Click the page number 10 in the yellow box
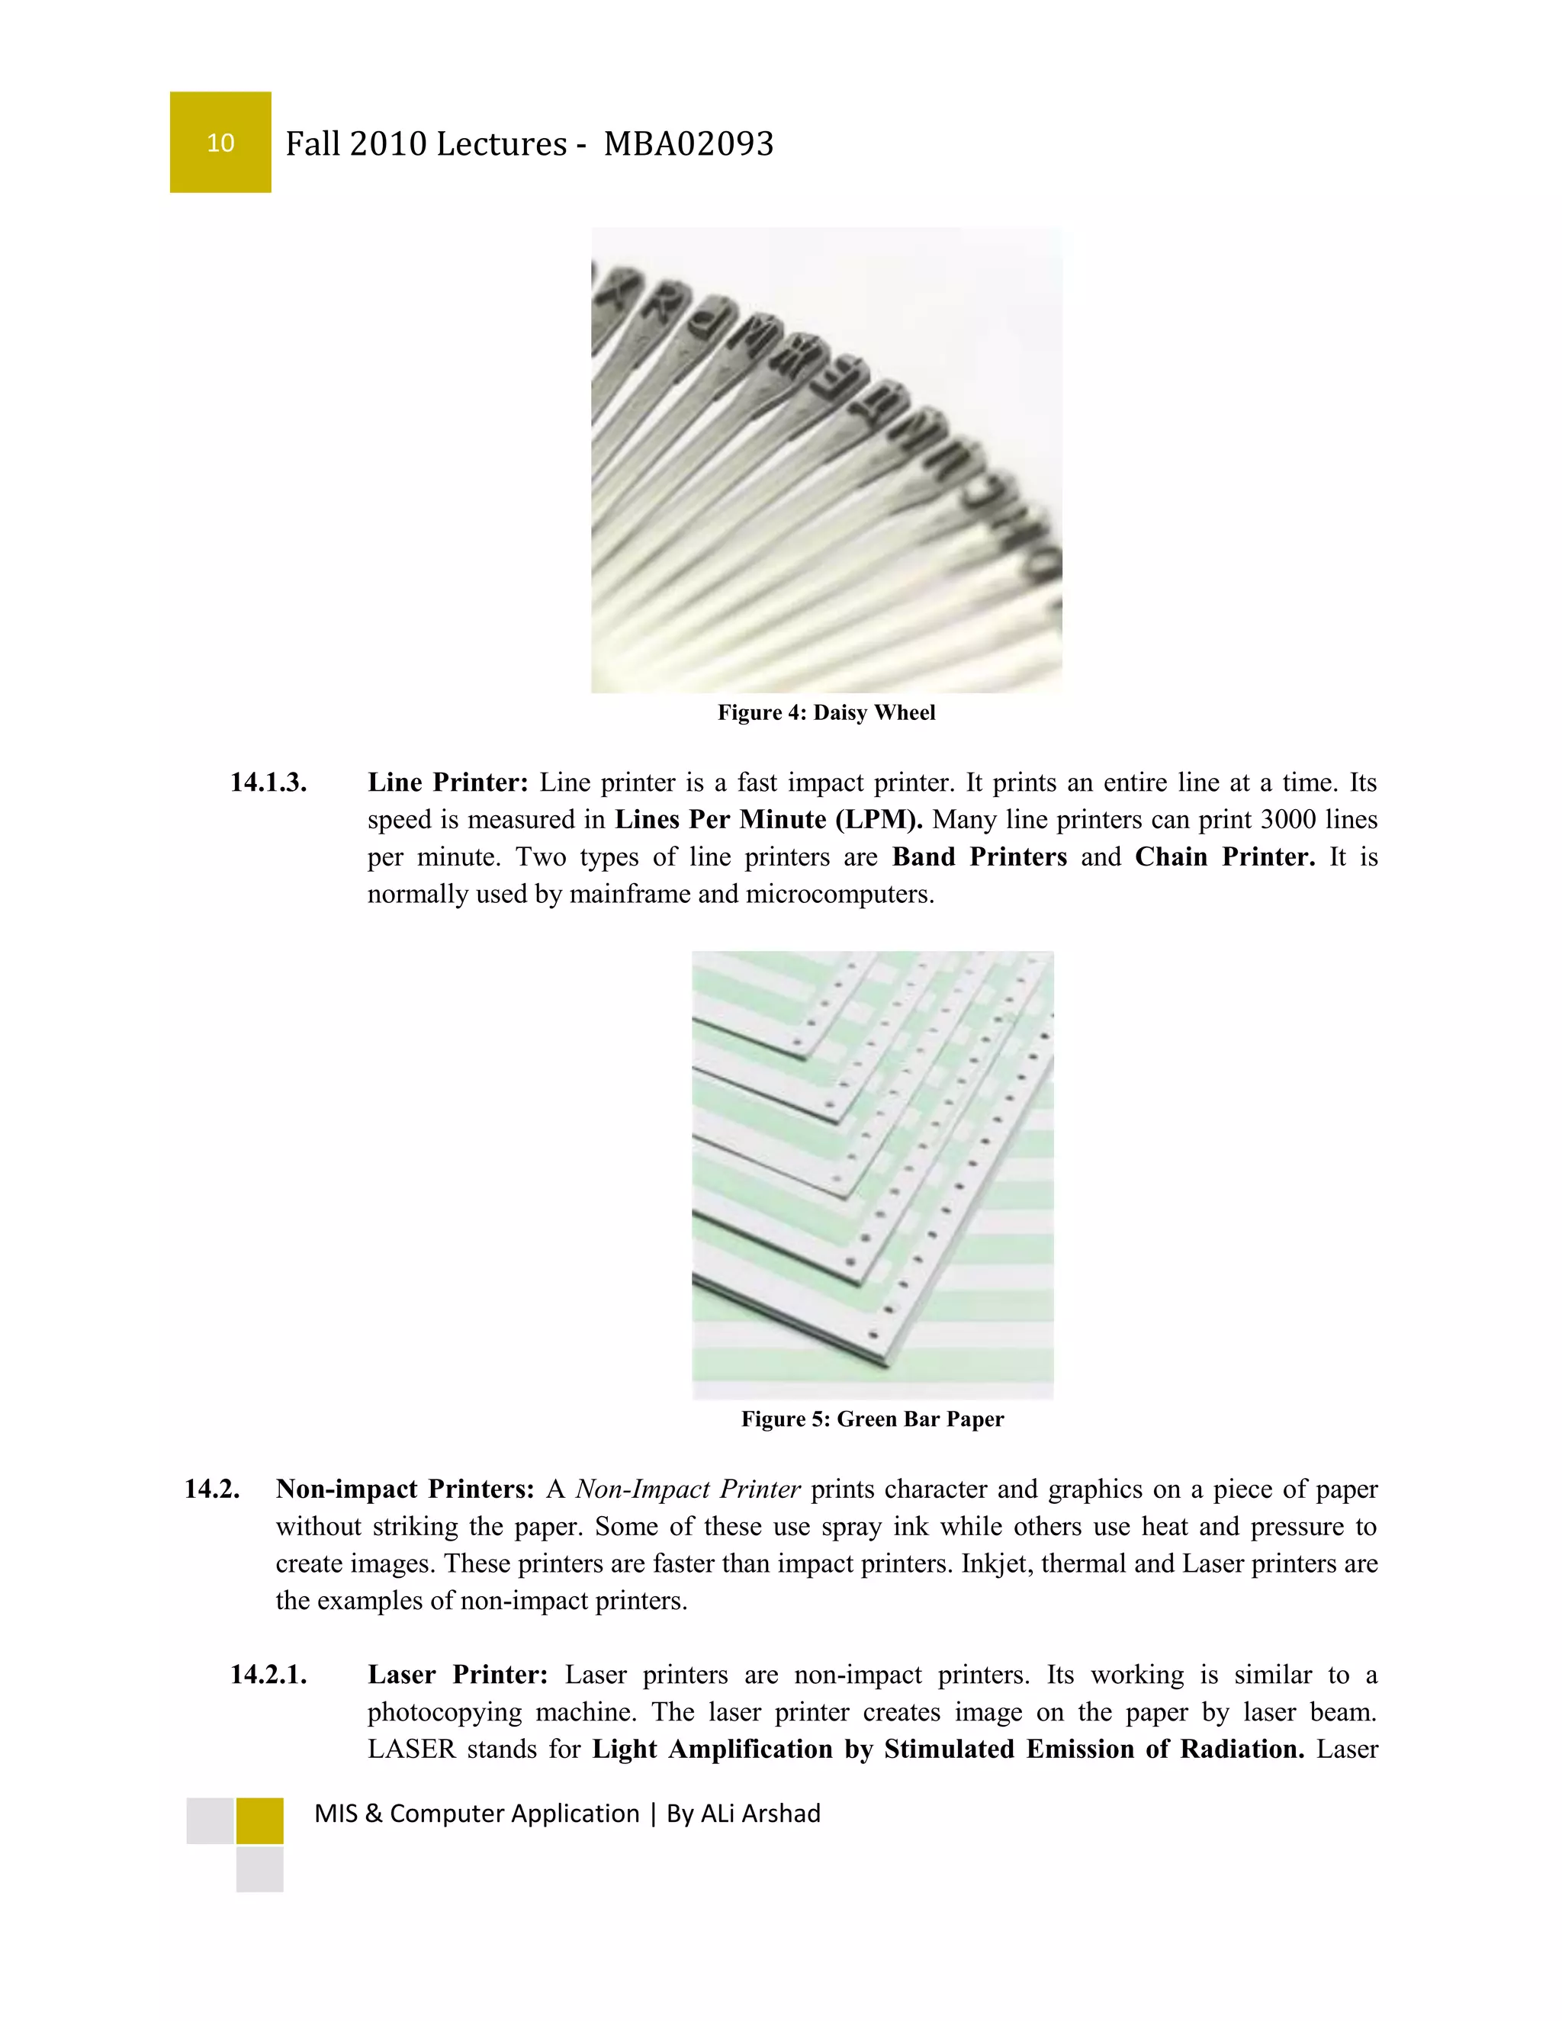click(220, 143)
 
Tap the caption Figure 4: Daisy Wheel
click(825, 712)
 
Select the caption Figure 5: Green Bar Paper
click(872, 1419)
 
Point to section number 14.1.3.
click(268, 783)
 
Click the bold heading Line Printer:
click(448, 783)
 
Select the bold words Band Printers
click(979, 857)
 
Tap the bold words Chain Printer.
click(1224, 857)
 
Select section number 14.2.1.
click(268, 1675)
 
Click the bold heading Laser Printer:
click(457, 1675)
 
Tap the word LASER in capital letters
click(412, 1749)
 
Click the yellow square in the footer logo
click(259, 1821)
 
